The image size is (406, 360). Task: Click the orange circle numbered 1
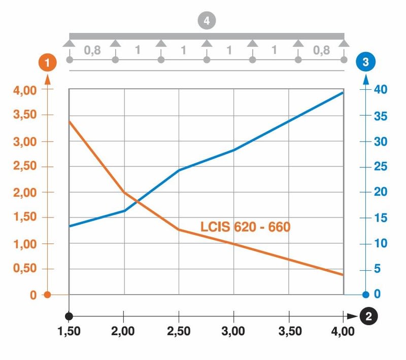[48, 63]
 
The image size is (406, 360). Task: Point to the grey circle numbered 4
[207, 21]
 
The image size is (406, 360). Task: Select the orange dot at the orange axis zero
[47, 295]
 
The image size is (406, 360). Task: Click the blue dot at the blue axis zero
[365, 295]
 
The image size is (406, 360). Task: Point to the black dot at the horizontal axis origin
[69, 315]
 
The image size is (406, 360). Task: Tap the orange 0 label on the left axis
[32, 295]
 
